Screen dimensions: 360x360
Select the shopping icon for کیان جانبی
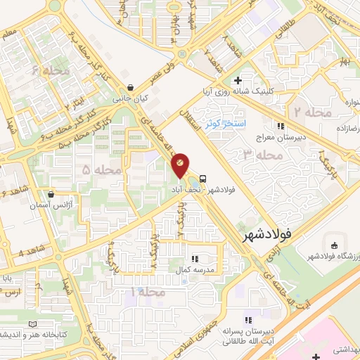(x=130, y=88)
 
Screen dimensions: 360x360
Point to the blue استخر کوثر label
(x=224, y=124)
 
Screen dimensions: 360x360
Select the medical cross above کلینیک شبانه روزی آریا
(x=238, y=81)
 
